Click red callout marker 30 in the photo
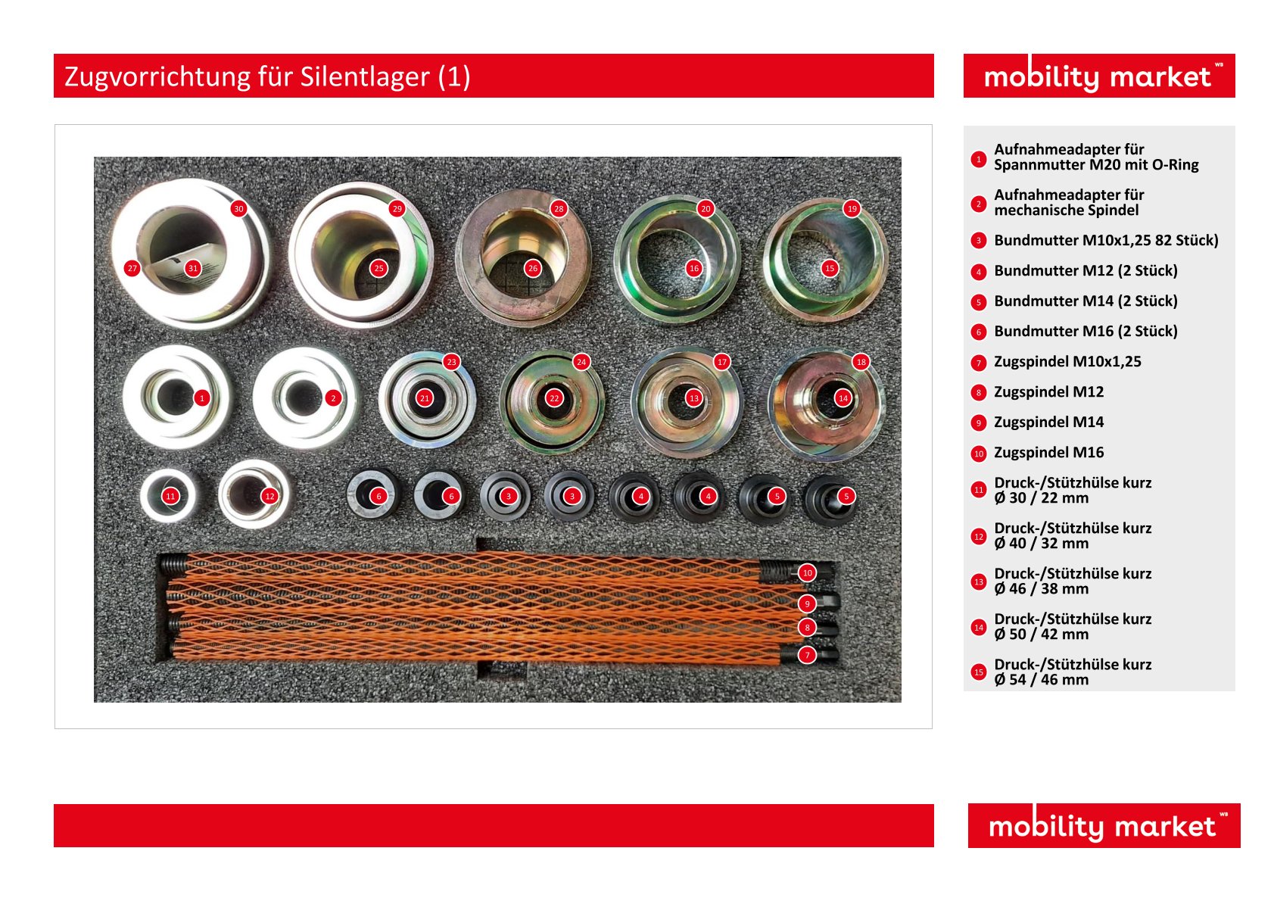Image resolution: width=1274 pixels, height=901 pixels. point(239,209)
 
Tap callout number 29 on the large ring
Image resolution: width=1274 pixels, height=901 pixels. point(397,209)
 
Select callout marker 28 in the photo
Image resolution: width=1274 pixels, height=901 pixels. point(559,209)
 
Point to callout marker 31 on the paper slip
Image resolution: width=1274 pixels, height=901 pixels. point(193,269)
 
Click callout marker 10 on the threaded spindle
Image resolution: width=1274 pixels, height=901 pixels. point(808,573)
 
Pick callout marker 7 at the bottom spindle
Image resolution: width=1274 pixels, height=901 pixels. point(807,655)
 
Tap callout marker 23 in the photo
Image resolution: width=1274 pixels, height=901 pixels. point(452,362)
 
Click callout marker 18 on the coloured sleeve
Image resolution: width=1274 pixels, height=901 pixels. point(861,362)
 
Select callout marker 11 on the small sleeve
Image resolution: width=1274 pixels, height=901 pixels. point(170,496)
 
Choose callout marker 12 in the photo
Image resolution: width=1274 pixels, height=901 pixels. point(269,496)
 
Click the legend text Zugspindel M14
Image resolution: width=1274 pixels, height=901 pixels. point(1048,422)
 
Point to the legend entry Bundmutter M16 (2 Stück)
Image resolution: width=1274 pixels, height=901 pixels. point(1086,331)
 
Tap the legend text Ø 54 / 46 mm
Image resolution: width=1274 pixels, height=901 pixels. point(1042,680)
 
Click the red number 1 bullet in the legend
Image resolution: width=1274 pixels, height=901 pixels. point(978,159)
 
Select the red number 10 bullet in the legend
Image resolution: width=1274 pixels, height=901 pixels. point(978,454)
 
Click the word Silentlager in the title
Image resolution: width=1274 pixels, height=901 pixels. point(365,76)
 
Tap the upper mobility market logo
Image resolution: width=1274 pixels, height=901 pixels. point(1099,76)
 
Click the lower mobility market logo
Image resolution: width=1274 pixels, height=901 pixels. point(1104,825)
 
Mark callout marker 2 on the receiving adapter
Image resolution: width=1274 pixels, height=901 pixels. point(333,398)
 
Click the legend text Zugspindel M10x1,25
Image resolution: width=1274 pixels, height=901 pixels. point(1067,362)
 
